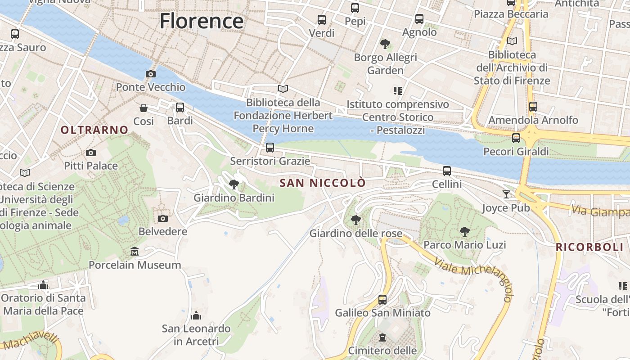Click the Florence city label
pyautogui.click(x=201, y=21)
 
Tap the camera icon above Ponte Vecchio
pyautogui.click(x=150, y=74)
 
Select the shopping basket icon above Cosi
pyautogui.click(x=144, y=108)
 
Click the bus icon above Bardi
pyautogui.click(x=180, y=108)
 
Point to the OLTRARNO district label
pyautogui.click(x=94, y=130)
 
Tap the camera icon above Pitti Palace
pyautogui.click(x=91, y=153)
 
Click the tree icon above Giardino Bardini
pyautogui.click(x=234, y=184)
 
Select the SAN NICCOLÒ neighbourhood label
pyautogui.click(x=323, y=183)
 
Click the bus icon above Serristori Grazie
pyautogui.click(x=270, y=147)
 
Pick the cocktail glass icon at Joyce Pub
pyautogui.click(x=507, y=194)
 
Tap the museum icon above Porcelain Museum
pyautogui.click(x=135, y=251)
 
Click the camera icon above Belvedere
pyautogui.click(x=163, y=218)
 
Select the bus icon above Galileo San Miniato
pyautogui.click(x=382, y=299)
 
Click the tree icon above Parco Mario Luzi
pyautogui.click(x=465, y=231)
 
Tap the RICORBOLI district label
pyautogui.click(x=589, y=247)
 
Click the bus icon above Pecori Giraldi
pyautogui.click(x=516, y=138)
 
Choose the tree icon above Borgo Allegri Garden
pyautogui.click(x=385, y=44)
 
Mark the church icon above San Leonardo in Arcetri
pyautogui.click(x=196, y=315)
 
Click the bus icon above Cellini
pyautogui.click(x=447, y=171)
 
